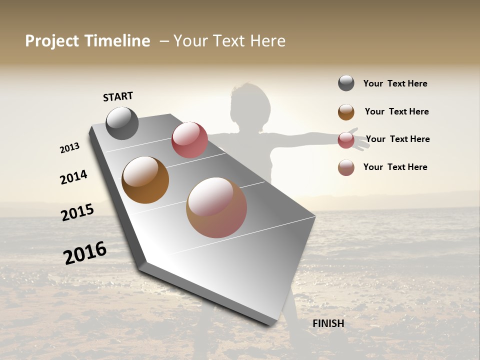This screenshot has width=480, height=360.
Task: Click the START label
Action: (118, 96)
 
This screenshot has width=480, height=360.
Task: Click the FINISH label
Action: (328, 323)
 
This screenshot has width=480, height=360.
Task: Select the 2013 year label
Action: (69, 148)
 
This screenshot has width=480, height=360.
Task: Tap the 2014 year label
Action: (73, 177)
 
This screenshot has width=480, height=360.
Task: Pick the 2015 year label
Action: (77, 212)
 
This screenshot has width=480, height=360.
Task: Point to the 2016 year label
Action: (85, 252)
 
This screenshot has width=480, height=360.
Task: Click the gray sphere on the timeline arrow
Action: (122, 123)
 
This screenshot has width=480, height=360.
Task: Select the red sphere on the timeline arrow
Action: (189, 139)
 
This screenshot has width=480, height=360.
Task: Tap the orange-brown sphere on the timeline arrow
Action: (145, 180)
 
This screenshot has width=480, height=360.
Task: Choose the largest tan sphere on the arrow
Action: (216, 207)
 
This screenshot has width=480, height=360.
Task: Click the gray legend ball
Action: (346, 83)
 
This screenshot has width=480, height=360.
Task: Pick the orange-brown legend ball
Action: (346, 112)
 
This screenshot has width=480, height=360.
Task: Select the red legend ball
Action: (346, 140)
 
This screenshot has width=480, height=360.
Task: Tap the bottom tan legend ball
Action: (346, 167)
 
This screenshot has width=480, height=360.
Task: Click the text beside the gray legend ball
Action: (395, 84)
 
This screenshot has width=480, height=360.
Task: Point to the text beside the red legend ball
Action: (397, 139)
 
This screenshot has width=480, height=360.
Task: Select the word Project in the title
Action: (52, 41)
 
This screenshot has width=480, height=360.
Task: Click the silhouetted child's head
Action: (250, 107)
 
